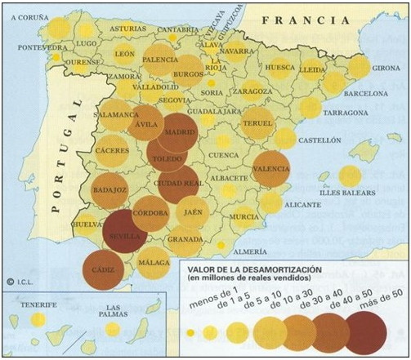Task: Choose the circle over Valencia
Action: click(x=270, y=169)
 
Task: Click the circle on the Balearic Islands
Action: click(x=350, y=176)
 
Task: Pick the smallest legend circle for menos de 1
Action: click(x=191, y=333)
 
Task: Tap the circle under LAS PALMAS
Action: click(x=113, y=329)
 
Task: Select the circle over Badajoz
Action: click(x=109, y=191)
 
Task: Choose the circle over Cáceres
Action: click(x=113, y=151)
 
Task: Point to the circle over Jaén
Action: click(x=193, y=211)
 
